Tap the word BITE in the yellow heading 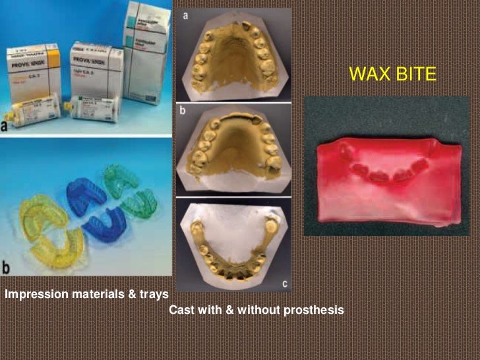[x=415, y=74]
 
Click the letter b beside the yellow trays [x=7, y=267]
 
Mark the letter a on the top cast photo [x=187, y=15]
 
